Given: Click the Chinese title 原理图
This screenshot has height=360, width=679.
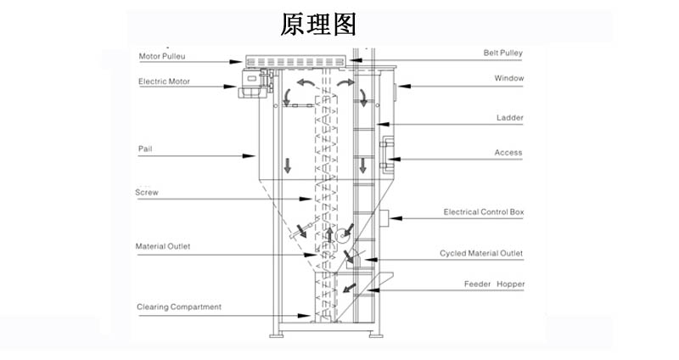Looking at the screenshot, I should coord(318,24).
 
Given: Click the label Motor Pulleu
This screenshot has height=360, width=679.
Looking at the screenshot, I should coord(162,57).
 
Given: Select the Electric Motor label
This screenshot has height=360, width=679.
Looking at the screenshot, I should coord(165,82).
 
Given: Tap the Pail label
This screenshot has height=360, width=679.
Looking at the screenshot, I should coord(145,149).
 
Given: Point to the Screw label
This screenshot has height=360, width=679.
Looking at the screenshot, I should coord(147,193).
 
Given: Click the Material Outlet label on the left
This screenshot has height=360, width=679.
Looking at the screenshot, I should coord(163,247).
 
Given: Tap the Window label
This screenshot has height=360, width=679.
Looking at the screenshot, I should coord(509,78).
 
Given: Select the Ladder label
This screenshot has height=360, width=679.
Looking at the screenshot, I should coord(509,118).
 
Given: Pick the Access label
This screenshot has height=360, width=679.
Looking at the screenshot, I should coord(508,153).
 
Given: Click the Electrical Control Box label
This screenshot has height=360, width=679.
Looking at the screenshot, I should coord(484,212).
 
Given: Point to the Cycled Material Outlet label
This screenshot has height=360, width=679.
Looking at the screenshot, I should coord(481,253).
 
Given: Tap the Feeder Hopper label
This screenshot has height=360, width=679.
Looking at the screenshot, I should coord(494,284).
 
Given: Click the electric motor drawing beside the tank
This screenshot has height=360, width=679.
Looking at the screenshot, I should coord(251,80).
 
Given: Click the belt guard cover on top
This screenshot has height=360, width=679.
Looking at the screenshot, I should coord(295,62).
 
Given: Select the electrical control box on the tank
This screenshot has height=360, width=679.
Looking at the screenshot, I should coord(384,218).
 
